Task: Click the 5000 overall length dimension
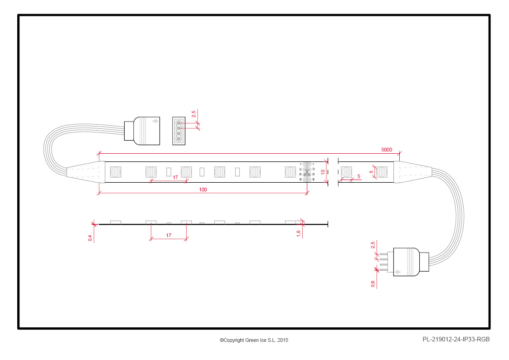pyautogui.click(x=386, y=150)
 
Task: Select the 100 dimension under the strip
pyautogui.click(x=203, y=190)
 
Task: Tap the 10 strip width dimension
pyautogui.click(x=323, y=172)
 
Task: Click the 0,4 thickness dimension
pyautogui.click(x=90, y=238)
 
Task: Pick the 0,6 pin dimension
pyautogui.click(x=373, y=284)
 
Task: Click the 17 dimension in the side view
pyautogui.click(x=169, y=235)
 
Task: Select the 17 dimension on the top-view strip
pyautogui.click(x=175, y=177)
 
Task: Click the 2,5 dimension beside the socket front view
pyautogui.click(x=194, y=114)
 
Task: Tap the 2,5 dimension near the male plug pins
pyautogui.click(x=373, y=245)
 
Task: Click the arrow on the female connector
pyautogui.click(x=155, y=121)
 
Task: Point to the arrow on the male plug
pyautogui.click(x=398, y=272)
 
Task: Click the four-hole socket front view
pyautogui.click(x=179, y=131)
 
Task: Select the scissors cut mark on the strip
pyautogui.click(x=307, y=172)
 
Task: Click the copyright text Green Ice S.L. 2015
pyautogui.click(x=254, y=340)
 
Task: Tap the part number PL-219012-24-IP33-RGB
pyautogui.click(x=456, y=339)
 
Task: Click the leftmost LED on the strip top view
pyautogui.click(x=116, y=172)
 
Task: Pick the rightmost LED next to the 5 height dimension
pyautogui.click(x=382, y=172)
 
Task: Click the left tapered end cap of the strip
pyautogui.click(x=86, y=172)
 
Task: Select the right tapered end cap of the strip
pyautogui.click(x=413, y=172)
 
